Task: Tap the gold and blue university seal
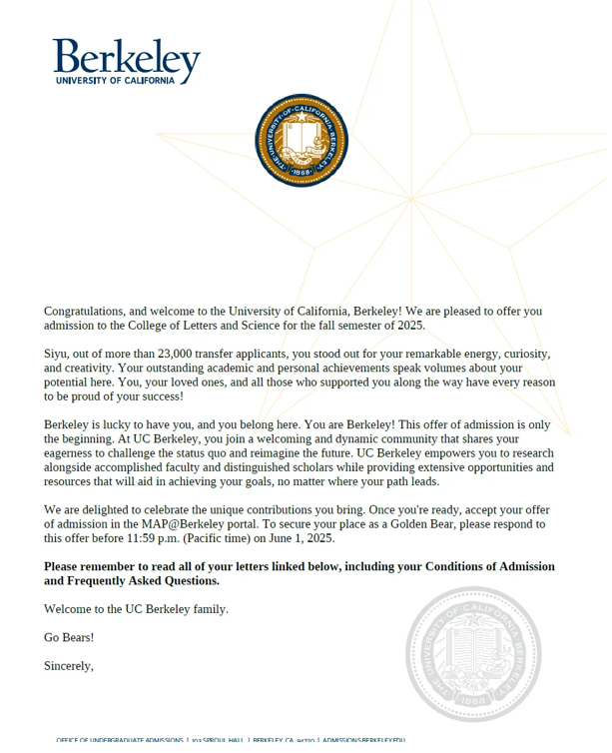tap(301, 141)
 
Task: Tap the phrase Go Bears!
tap(69, 637)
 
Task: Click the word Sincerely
tap(69, 665)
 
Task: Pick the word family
tap(206, 609)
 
